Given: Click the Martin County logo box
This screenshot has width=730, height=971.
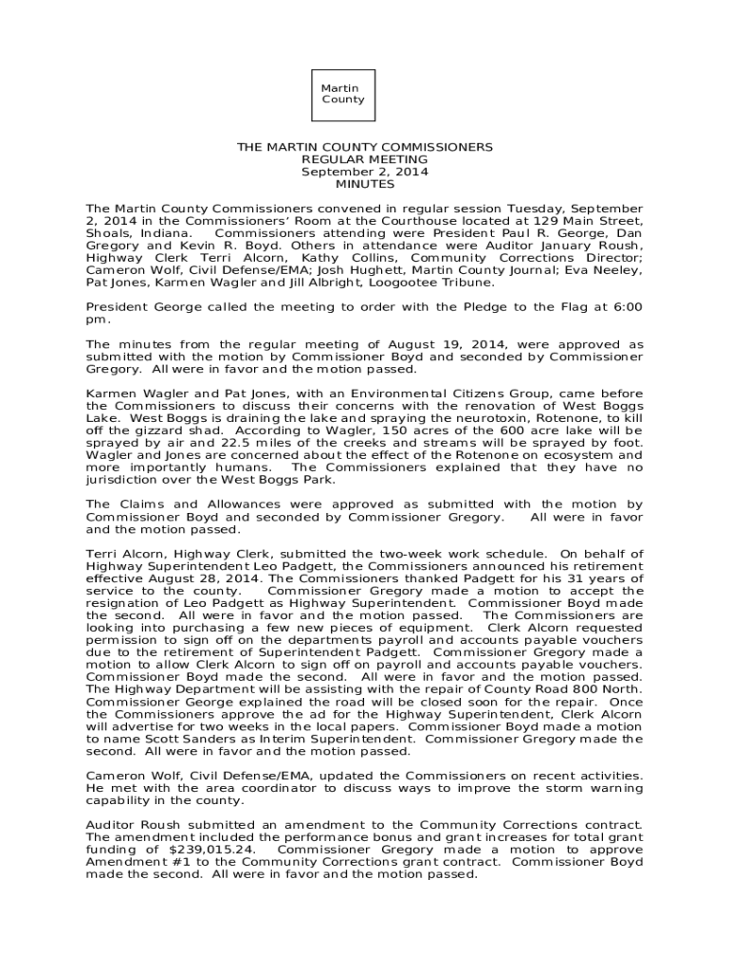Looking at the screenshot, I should pos(342,94).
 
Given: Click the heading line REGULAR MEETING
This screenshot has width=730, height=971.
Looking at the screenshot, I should pos(364,160).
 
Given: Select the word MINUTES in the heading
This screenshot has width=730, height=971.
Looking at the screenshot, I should pos(364,185).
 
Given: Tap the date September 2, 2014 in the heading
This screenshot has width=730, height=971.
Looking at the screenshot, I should pos(364,173).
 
